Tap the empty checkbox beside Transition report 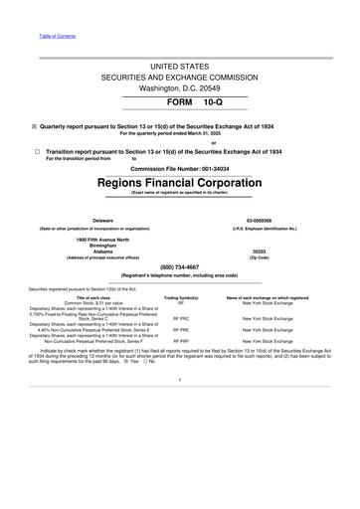tap(35, 150)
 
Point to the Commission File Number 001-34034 tap(179, 169)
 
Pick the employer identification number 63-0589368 tap(285, 220)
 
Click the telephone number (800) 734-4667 tap(180, 266)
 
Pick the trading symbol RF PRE tap(181, 329)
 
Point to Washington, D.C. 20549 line tap(180, 87)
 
